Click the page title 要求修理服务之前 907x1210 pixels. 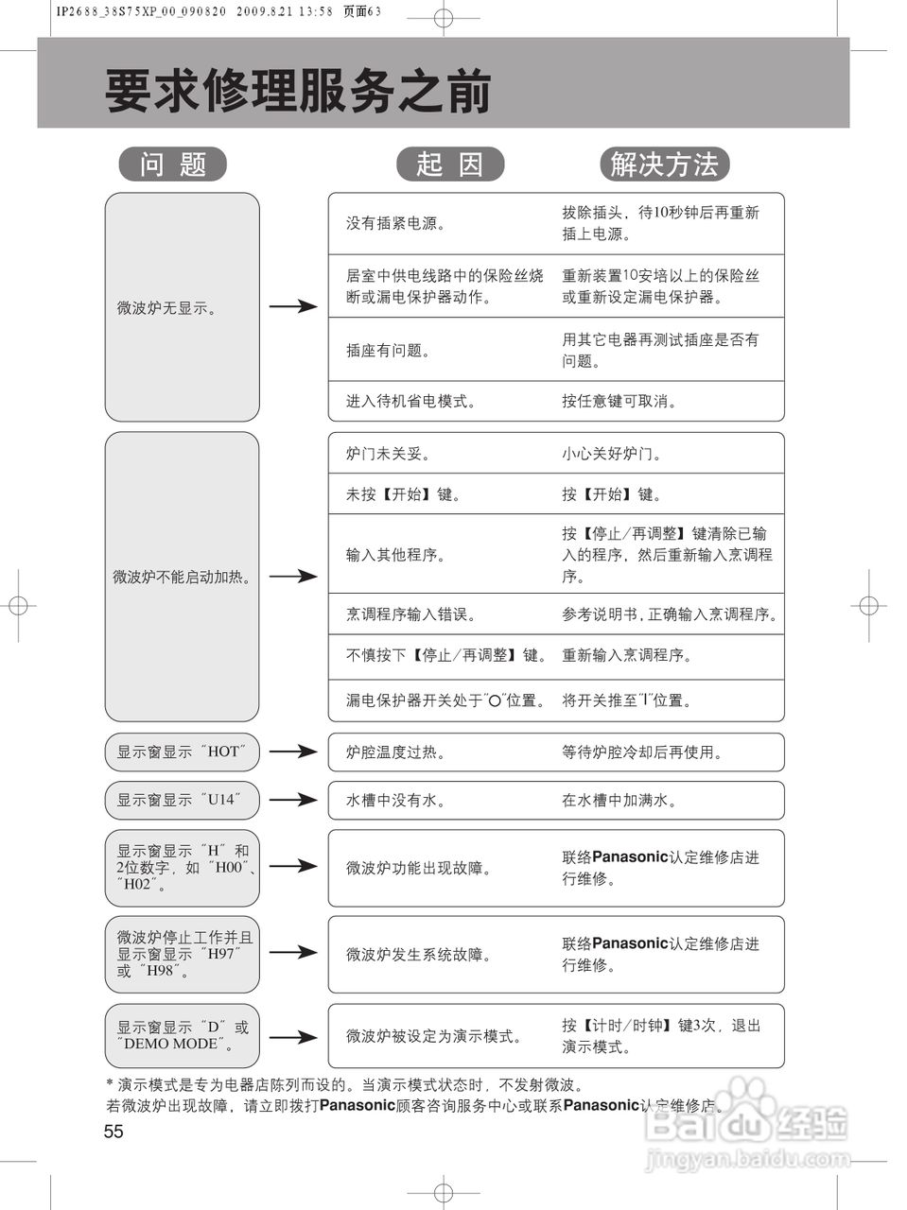click(x=298, y=92)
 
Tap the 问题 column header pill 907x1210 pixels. click(x=173, y=164)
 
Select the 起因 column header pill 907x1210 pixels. click(x=450, y=164)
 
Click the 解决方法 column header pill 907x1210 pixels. click(x=664, y=164)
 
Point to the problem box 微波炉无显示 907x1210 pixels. click(x=182, y=307)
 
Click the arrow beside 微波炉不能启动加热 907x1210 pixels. click(x=292, y=576)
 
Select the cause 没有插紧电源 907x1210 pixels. click(x=396, y=224)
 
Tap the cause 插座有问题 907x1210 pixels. click(x=389, y=351)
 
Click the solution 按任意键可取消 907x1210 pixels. click(x=619, y=401)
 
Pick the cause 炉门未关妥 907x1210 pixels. click(x=389, y=454)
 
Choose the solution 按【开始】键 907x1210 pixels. click(x=612, y=494)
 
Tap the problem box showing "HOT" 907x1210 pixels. click(x=182, y=752)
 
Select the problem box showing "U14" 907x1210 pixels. click(x=182, y=800)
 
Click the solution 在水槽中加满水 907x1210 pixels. click(x=619, y=801)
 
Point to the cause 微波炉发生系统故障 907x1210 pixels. click(x=419, y=955)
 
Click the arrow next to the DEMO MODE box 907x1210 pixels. click(x=292, y=1037)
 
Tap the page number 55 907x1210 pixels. click(x=113, y=1132)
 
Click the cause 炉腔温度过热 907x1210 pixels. click(x=396, y=752)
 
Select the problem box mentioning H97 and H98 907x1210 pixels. click(x=182, y=954)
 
